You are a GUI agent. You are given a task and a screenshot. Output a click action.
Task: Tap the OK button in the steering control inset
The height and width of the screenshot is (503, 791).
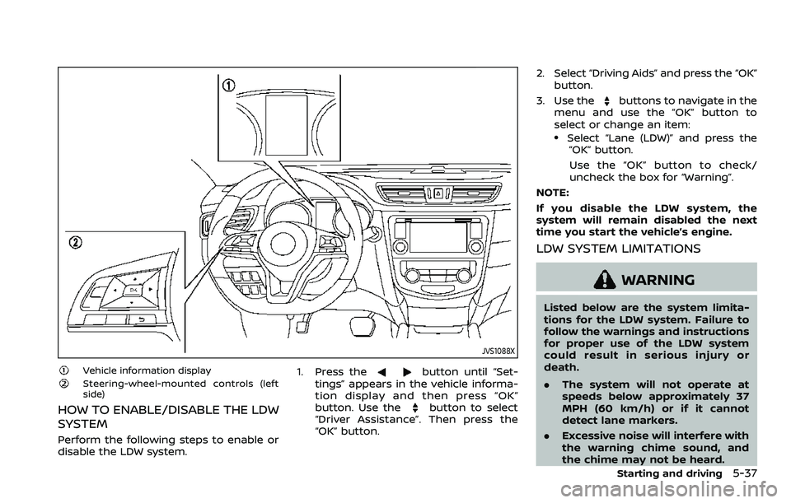132,291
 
